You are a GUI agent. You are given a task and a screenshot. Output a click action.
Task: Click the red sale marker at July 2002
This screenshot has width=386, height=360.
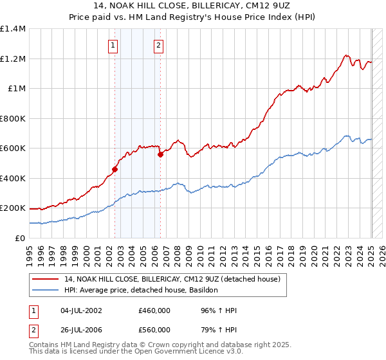coord(115,170)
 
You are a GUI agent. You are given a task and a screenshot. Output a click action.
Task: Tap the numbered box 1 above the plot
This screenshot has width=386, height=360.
coord(113,45)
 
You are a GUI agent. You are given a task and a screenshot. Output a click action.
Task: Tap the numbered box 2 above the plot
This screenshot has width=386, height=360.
coord(158,45)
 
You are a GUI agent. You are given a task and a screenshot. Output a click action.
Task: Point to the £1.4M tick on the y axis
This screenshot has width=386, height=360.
coord(13,29)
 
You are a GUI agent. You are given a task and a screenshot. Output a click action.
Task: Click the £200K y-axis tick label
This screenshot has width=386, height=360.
coord(13,208)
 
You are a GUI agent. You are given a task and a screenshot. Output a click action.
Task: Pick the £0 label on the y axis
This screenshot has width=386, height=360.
coord(20,238)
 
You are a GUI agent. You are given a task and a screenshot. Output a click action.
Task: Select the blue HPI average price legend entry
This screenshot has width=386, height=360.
coord(141,291)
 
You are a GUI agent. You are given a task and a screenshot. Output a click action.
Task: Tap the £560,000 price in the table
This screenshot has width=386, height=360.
coord(154,330)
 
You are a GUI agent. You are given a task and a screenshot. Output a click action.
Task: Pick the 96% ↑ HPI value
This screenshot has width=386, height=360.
coord(219,311)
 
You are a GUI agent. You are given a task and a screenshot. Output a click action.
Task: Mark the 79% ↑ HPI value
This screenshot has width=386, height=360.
coord(219,330)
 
